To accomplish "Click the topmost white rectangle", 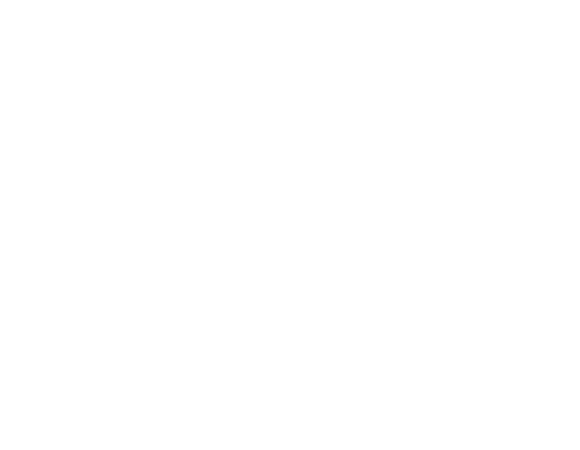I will tap(235, 115).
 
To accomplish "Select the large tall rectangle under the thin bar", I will tap(373, 192).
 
